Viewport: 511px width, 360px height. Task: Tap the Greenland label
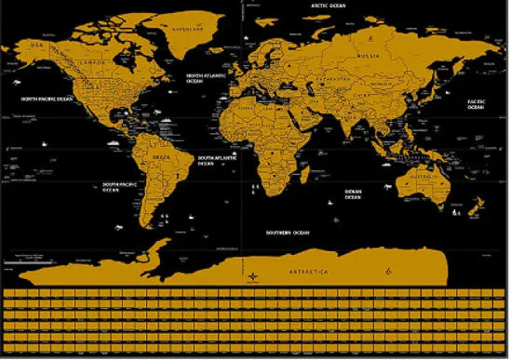[x=206, y=28]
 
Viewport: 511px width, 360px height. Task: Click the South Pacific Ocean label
[x=122, y=185]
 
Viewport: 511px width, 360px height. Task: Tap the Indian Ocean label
[x=353, y=194]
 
